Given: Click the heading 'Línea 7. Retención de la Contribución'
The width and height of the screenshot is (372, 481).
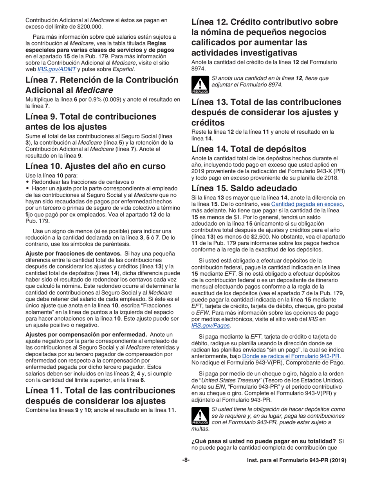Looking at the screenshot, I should tap(102, 80).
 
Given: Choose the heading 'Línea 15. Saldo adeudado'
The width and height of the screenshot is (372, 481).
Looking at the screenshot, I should tap(245, 187).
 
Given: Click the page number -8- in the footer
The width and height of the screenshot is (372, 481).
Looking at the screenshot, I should tap(186, 460).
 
